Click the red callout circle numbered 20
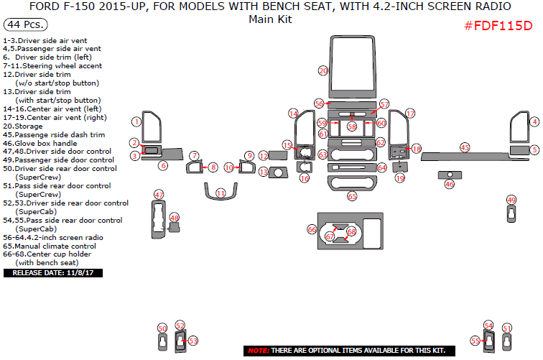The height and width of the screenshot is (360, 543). pos(323,70)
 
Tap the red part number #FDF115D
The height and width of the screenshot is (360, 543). pos(498,26)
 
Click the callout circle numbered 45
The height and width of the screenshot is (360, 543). pos(465,147)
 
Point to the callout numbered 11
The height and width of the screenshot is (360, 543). pos(221,193)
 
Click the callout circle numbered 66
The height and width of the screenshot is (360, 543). pos(312,229)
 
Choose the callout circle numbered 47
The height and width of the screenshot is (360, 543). pos(159,195)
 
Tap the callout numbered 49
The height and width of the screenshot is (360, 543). pos(511,200)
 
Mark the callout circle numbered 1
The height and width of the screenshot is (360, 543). pos(135,121)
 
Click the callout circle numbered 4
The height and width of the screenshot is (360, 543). pos(534,121)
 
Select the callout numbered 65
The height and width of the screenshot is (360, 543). pos(352,195)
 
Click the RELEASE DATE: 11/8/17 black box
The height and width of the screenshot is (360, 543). pos(53,273)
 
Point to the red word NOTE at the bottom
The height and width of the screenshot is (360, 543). pos(258,350)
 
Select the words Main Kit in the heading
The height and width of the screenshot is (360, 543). pos(270,19)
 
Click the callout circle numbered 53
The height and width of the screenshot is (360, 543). pos(192,341)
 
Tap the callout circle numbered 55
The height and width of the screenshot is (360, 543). pos(475,341)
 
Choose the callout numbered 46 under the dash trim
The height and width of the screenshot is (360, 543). pos(450,184)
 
